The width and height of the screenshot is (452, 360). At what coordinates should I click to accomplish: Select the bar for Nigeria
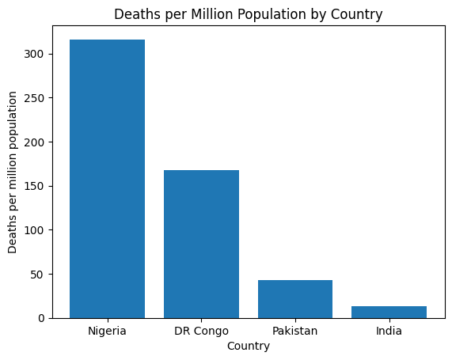pos(107,179)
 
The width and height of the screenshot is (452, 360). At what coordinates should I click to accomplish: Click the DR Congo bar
pos(201,244)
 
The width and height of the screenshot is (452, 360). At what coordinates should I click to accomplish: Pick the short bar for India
pos(389,312)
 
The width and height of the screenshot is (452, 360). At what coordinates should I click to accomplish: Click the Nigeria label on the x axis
pos(107,331)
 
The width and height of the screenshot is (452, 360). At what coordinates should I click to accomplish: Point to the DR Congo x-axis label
pos(201,331)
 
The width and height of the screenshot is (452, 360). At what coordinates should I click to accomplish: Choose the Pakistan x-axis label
pos(295,331)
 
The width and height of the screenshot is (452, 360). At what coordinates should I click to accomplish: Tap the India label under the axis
pos(389,331)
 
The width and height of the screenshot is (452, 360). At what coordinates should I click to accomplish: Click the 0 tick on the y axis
pos(44,318)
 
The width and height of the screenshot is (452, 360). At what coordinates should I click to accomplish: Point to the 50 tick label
pos(40,275)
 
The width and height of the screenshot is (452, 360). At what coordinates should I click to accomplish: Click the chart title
pos(248,14)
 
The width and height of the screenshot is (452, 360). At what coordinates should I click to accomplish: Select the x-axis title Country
pos(248,347)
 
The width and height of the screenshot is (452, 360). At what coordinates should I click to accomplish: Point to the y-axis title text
pos(13,172)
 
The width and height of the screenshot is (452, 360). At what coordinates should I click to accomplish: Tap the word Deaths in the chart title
pos(135,14)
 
